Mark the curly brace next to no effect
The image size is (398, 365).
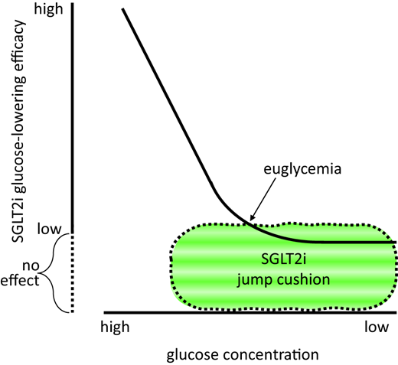pos(54,272)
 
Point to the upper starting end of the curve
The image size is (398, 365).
pos(124,11)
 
